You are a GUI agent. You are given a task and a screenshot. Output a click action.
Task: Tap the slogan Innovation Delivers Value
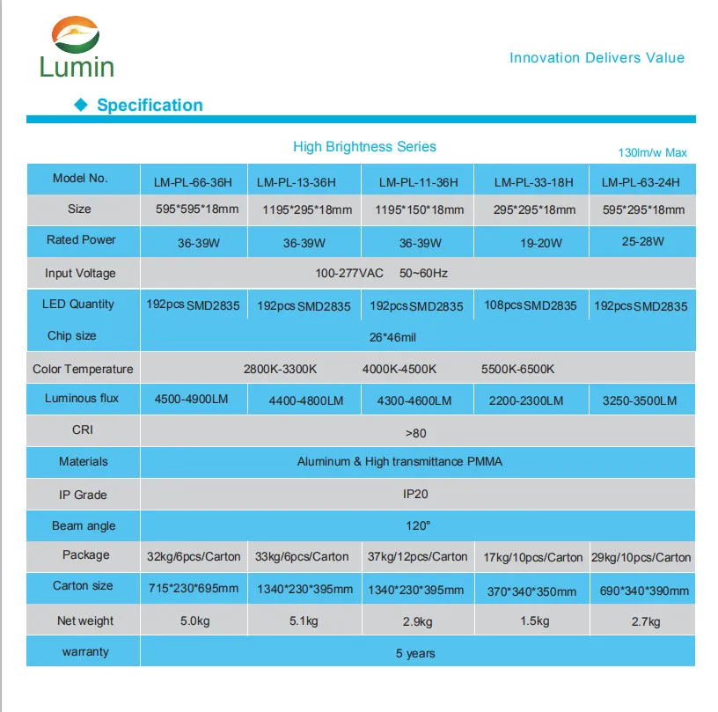pyautogui.click(x=597, y=58)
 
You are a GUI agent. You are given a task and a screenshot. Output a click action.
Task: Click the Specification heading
pyautogui.click(x=150, y=106)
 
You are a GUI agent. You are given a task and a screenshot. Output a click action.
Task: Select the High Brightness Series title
pyautogui.click(x=364, y=147)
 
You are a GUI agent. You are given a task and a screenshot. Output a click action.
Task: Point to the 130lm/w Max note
pyautogui.click(x=652, y=153)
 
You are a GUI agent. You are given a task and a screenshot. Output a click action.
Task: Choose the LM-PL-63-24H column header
pyautogui.click(x=641, y=183)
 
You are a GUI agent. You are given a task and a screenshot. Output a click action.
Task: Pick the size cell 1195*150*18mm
pyautogui.click(x=419, y=210)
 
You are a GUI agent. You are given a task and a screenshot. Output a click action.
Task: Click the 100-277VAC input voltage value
pyautogui.click(x=349, y=273)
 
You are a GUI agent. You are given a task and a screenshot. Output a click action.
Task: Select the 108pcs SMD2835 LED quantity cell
pyautogui.click(x=531, y=305)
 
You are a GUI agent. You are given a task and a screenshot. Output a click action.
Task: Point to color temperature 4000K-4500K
pyautogui.click(x=399, y=369)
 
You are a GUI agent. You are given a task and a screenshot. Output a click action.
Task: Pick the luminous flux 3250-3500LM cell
pyautogui.click(x=640, y=400)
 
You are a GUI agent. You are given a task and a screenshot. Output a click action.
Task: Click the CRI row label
pyautogui.click(x=82, y=430)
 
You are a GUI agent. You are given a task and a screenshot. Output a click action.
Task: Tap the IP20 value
pyautogui.click(x=415, y=494)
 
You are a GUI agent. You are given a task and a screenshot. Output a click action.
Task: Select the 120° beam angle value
pyautogui.click(x=417, y=525)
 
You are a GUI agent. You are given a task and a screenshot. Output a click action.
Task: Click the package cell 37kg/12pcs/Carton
pyautogui.click(x=418, y=557)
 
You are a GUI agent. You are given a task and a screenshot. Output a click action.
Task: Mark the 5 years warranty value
pyautogui.click(x=415, y=653)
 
